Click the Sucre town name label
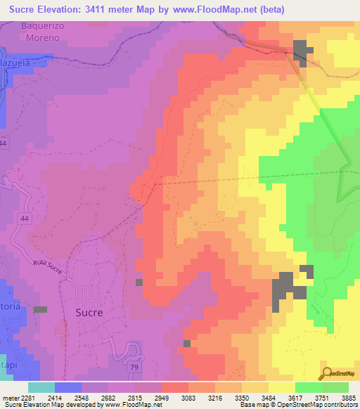[x=89, y=312]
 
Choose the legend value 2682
[x=98, y=398]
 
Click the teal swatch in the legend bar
[x=41, y=387]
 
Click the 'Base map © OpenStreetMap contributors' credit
[x=298, y=405]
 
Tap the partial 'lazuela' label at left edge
[x=24, y=61]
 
